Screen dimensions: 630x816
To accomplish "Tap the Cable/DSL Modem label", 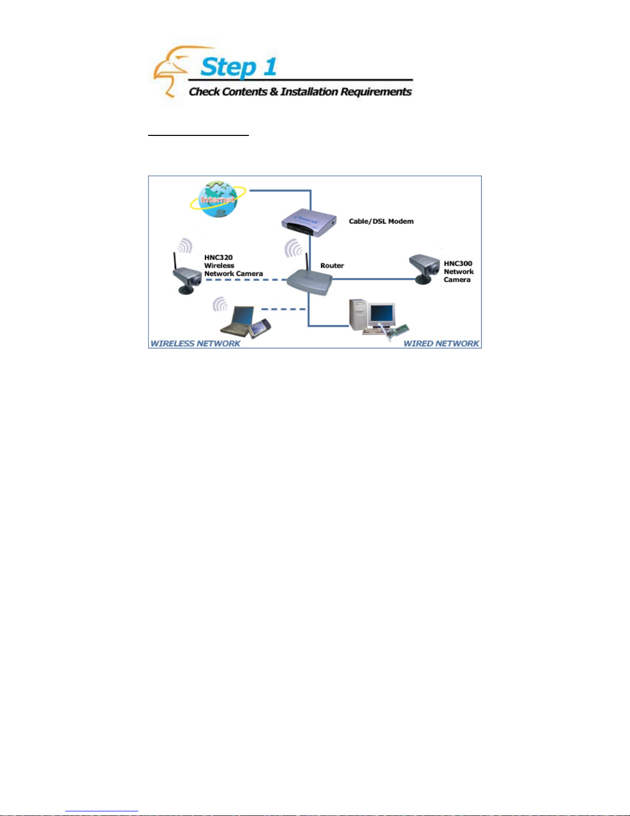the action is tap(381, 221).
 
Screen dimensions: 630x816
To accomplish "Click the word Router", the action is tap(332, 266).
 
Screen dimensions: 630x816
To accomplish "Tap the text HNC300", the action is tap(458, 264).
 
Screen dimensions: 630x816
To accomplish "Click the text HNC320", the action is tap(218, 257).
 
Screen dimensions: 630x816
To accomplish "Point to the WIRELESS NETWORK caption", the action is tap(195, 343).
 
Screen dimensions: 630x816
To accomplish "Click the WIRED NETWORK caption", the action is tap(441, 343).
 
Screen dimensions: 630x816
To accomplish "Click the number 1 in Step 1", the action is tap(269, 67).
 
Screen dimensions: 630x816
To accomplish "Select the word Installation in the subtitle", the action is tap(309, 92).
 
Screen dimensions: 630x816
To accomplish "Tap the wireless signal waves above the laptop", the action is tap(221, 305).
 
